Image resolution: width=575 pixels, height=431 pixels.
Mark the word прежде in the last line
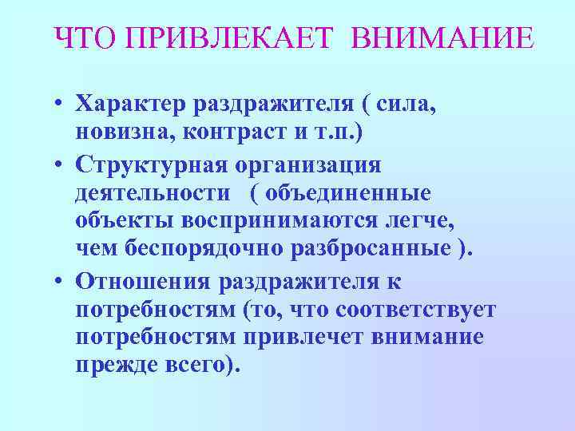[116, 365]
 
